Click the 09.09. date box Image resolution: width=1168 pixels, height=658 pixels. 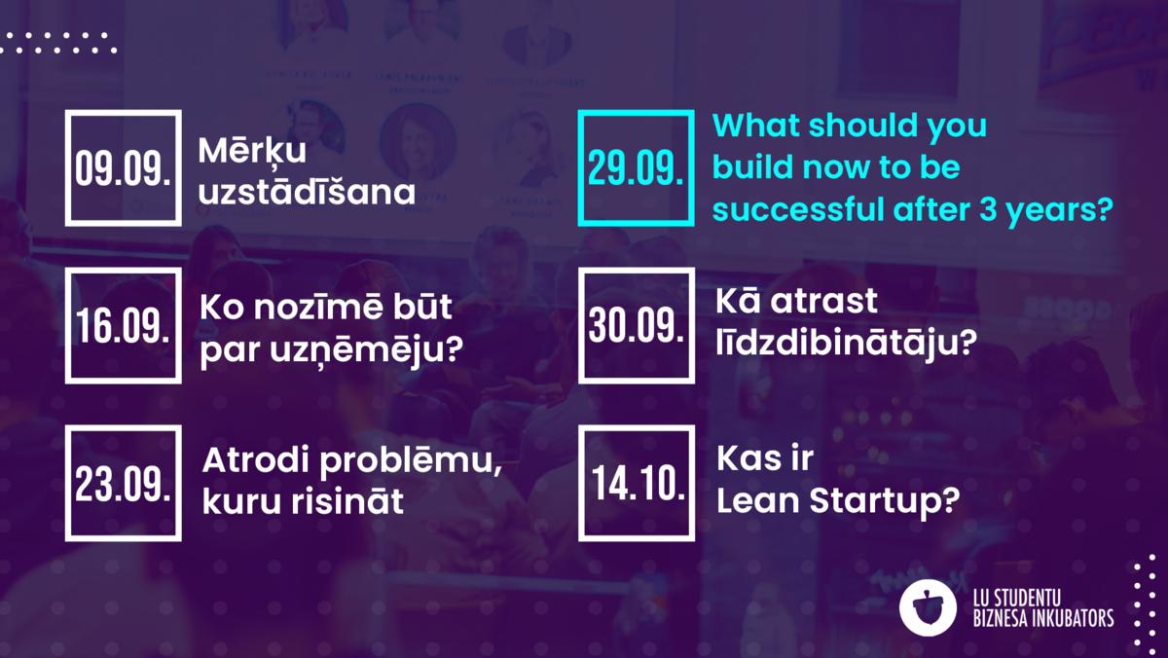tap(68, 167)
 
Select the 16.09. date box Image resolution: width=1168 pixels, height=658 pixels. tap(68, 325)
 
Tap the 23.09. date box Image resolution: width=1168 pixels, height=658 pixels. tap(68, 483)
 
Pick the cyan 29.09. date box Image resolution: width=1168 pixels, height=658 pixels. tap(581, 167)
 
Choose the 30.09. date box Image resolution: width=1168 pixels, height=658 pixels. tap(581, 325)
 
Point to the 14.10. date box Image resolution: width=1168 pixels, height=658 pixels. tap(581, 483)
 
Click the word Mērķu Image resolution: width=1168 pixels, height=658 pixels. tap(252, 150)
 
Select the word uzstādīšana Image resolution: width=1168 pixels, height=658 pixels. tap(307, 192)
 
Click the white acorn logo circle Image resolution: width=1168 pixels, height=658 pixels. tap(928, 608)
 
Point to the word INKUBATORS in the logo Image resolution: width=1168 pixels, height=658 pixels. tap(1074, 619)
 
